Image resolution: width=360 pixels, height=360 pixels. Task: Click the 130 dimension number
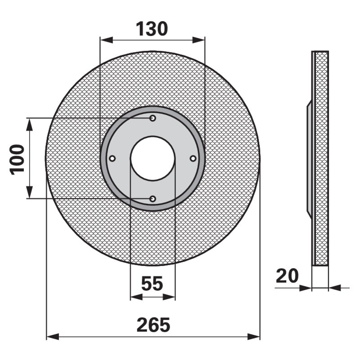[152, 29]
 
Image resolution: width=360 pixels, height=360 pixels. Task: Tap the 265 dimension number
[153, 325]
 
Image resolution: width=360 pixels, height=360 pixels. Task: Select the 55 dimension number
[152, 283]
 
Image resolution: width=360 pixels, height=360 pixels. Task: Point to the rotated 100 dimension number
[17, 159]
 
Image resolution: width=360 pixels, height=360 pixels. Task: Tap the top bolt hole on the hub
[153, 118]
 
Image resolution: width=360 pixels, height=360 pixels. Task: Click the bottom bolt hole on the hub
[153, 199]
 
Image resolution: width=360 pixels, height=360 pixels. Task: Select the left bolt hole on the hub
[112, 158]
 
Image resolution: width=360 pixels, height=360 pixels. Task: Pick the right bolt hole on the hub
[193, 158]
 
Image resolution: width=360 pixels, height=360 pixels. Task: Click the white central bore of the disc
[153, 158]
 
